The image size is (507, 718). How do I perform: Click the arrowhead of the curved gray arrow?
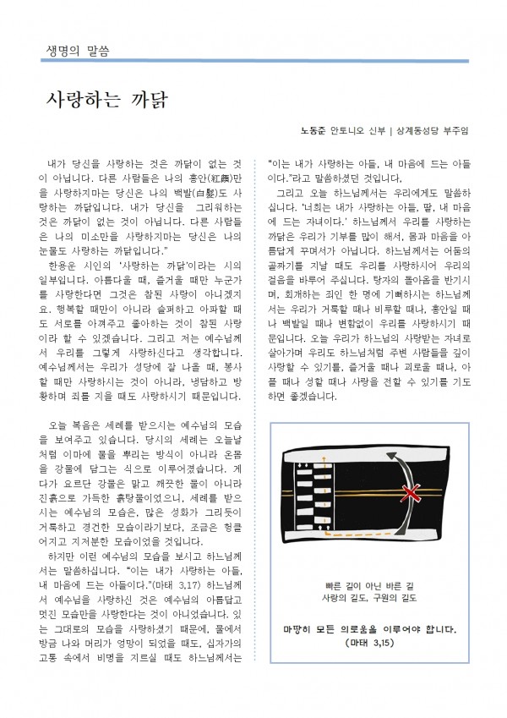point(395,458)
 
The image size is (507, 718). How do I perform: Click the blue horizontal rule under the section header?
point(253,61)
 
